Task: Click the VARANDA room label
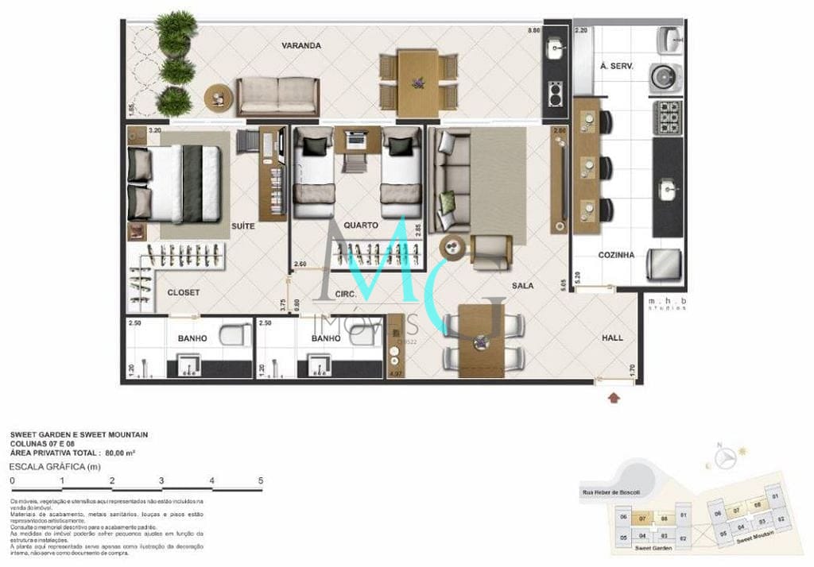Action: pyautogui.click(x=300, y=45)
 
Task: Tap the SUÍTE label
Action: pyautogui.click(x=242, y=226)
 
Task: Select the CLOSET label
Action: pyautogui.click(x=184, y=292)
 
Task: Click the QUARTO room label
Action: pyautogui.click(x=361, y=226)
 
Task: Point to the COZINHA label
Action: pyautogui.click(x=616, y=255)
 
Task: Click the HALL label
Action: pyautogui.click(x=612, y=337)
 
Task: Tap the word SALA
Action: pyautogui.click(x=522, y=285)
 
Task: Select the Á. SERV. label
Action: pyautogui.click(x=616, y=67)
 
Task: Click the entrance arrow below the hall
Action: pyautogui.click(x=614, y=396)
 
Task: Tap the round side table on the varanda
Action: pyautogui.click(x=218, y=98)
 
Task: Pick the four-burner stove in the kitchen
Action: pyautogui.click(x=668, y=117)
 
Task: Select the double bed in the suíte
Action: pyautogui.click(x=175, y=183)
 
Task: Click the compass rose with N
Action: pyautogui.click(x=724, y=458)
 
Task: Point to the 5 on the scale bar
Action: pyautogui.click(x=261, y=480)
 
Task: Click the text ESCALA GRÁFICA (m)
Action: pyautogui.click(x=54, y=466)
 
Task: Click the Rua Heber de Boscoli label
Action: pyautogui.click(x=610, y=492)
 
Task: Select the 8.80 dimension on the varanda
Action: pyautogui.click(x=533, y=31)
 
